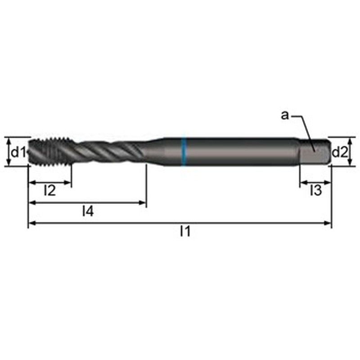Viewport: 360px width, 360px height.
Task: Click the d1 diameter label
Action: (x=18, y=152)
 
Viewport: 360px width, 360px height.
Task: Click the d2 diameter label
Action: (x=340, y=152)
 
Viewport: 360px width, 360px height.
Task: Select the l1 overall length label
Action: (x=185, y=231)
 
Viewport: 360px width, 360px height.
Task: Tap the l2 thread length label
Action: (x=50, y=190)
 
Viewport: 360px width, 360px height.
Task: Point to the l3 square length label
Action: (x=316, y=190)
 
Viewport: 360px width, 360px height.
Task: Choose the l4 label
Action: (x=88, y=211)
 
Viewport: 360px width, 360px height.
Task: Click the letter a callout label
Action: (x=285, y=115)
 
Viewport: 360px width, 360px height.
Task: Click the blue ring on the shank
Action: (x=184, y=152)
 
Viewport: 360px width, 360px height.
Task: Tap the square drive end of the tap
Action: (x=315, y=152)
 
